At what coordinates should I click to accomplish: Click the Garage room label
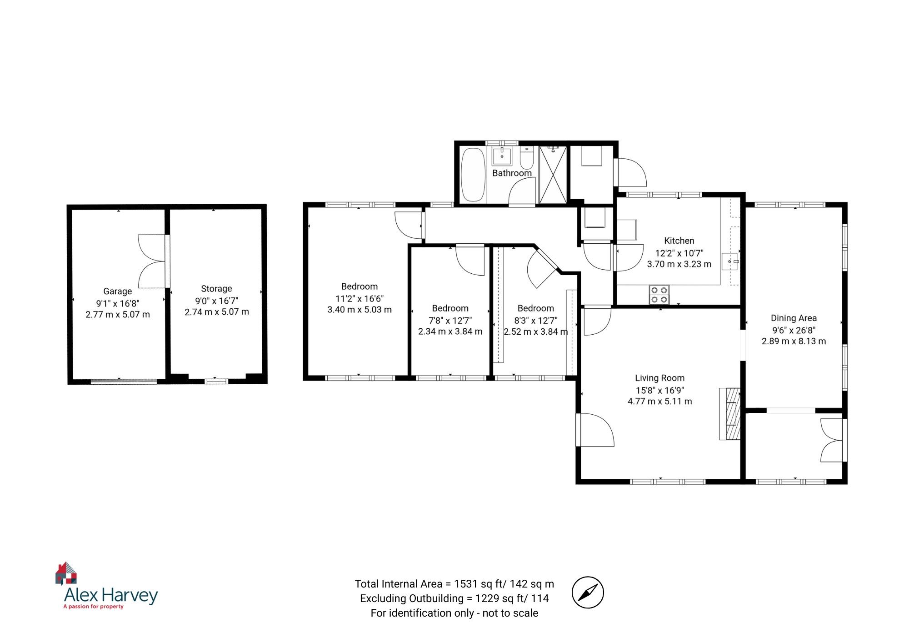click(x=117, y=291)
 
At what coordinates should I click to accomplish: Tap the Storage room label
click(x=216, y=289)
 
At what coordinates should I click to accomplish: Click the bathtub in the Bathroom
click(x=473, y=175)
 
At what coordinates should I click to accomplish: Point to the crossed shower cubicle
click(x=553, y=175)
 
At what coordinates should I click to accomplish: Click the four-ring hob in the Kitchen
click(x=659, y=294)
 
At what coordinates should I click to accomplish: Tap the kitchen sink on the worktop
click(x=730, y=262)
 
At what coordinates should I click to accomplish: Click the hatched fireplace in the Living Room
click(x=730, y=413)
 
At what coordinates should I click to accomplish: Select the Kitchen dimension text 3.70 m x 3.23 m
click(x=679, y=264)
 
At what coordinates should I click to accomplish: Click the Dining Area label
click(x=794, y=318)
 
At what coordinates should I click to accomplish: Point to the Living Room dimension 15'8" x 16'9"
click(x=659, y=390)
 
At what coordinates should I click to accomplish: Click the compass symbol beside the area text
click(x=587, y=592)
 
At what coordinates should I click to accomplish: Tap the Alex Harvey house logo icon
click(x=66, y=573)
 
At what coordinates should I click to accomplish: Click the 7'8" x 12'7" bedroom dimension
click(x=450, y=320)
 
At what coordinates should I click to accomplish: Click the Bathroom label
click(x=512, y=173)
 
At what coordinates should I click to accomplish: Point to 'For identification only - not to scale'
click(x=454, y=613)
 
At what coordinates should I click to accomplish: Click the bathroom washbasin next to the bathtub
click(x=502, y=156)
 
